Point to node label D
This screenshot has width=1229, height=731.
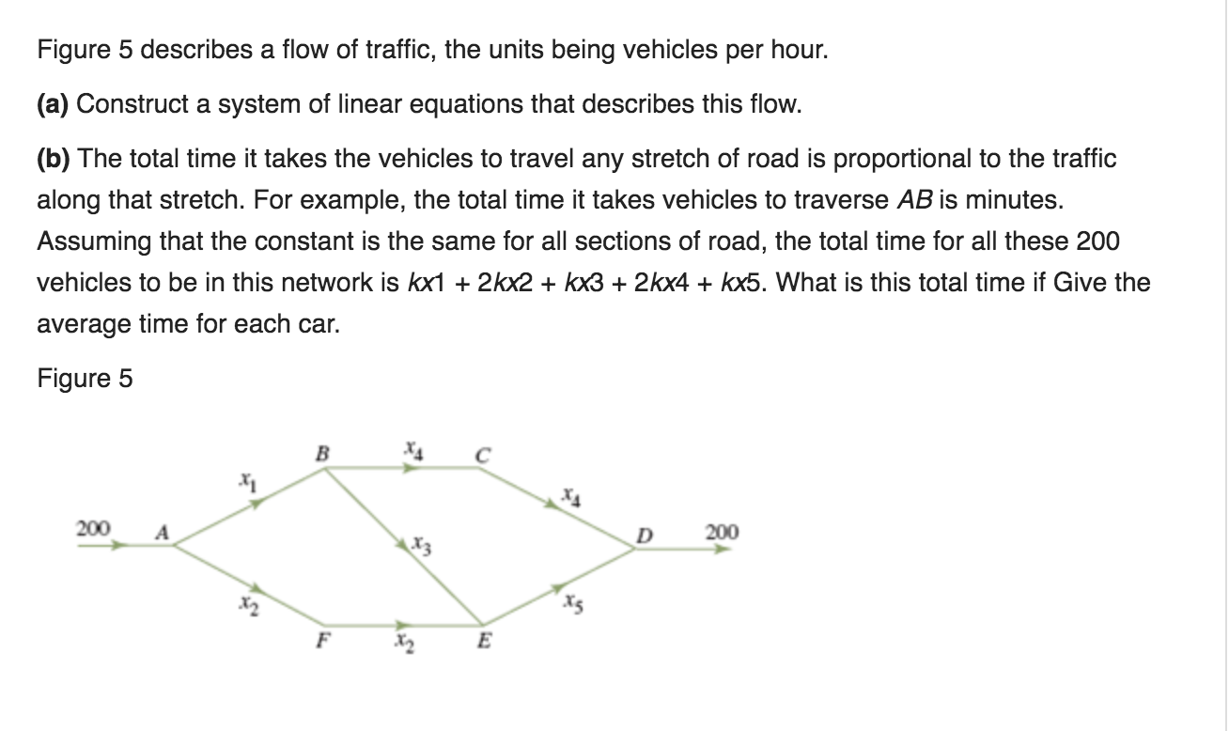tap(644, 537)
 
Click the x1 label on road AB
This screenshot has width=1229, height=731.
tap(245, 485)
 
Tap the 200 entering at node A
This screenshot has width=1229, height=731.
tap(93, 529)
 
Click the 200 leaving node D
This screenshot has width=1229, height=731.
tap(721, 533)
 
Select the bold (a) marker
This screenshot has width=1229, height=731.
tap(54, 103)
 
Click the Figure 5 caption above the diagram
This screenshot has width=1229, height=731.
tap(86, 379)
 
